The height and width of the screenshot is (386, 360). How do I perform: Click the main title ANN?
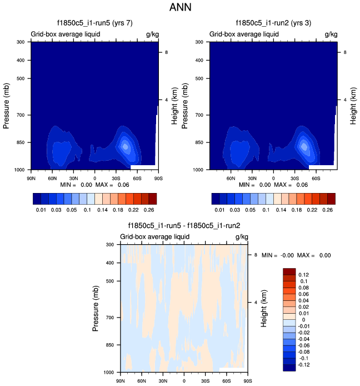click(180, 8)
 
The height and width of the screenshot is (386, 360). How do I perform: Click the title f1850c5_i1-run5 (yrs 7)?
click(94, 23)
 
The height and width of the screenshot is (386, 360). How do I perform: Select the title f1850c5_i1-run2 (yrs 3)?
click(273, 23)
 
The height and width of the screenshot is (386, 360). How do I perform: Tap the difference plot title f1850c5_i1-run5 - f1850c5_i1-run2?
click(184, 226)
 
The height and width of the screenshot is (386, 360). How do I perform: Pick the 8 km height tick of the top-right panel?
click(342, 52)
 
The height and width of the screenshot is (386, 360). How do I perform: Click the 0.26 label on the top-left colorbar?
click(149, 210)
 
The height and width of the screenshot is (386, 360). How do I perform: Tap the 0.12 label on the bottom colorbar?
click(304, 275)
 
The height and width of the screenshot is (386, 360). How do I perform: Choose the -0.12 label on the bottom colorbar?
click(305, 365)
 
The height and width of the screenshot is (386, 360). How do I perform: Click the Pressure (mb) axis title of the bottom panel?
click(96, 308)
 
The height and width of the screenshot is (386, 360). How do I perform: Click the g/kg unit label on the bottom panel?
click(241, 236)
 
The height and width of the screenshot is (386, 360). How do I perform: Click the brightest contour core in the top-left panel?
click(126, 146)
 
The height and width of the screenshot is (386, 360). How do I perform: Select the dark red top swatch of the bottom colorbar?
click(290, 271)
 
